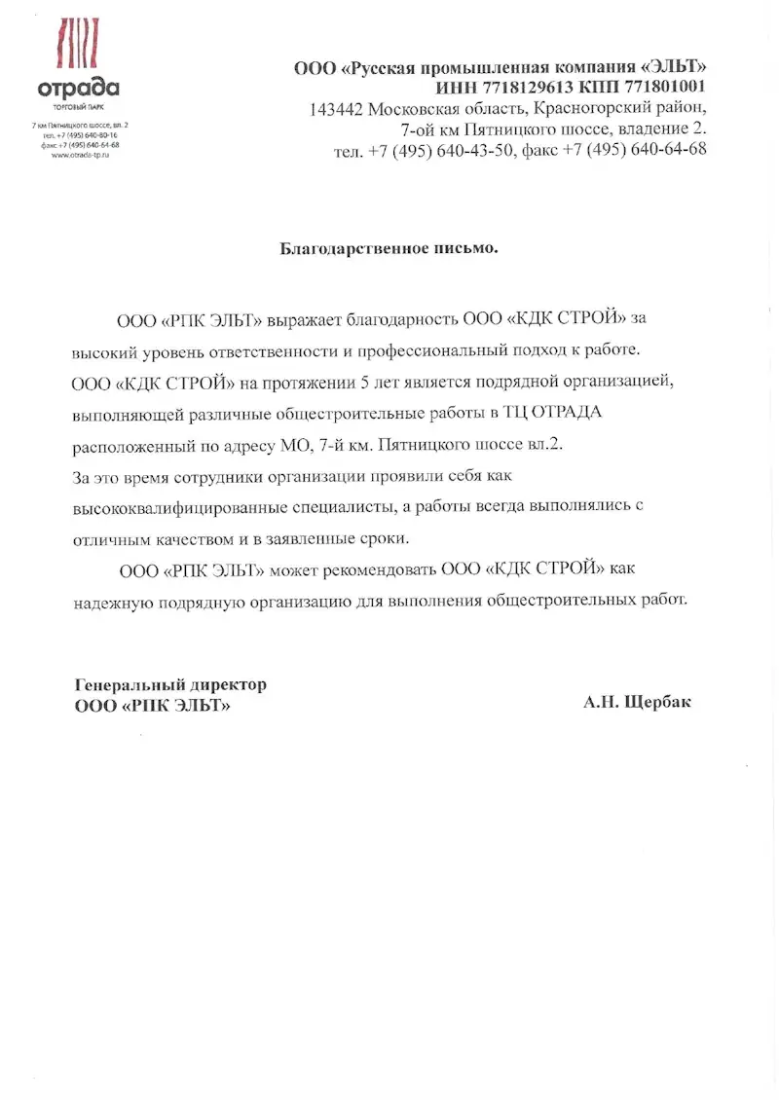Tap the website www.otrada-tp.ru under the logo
click(80, 155)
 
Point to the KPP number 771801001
click(653, 88)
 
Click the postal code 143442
click(337, 109)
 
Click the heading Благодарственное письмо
click(389, 248)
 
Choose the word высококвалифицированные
click(184, 508)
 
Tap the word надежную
click(110, 601)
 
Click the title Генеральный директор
click(170, 685)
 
